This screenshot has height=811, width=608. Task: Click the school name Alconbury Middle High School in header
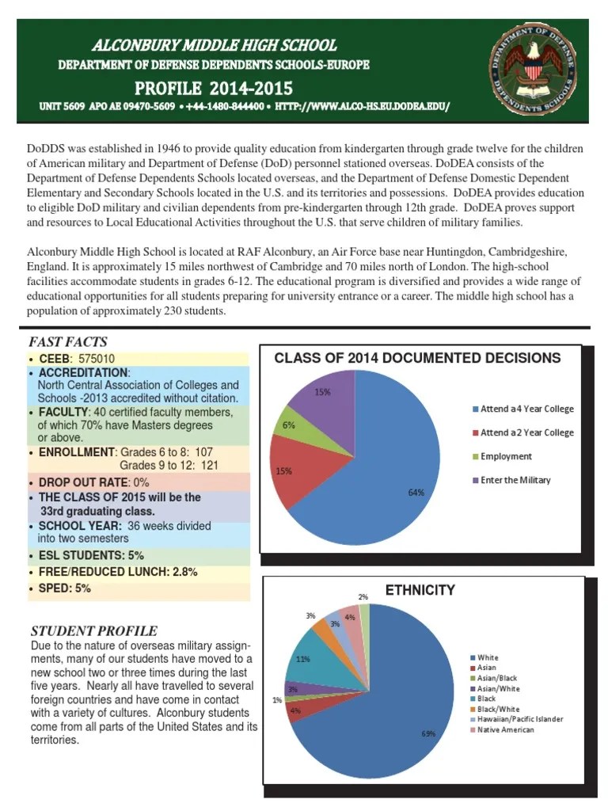point(214,45)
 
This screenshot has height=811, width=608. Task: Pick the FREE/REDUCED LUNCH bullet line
point(118,572)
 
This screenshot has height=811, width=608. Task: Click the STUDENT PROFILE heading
point(93,630)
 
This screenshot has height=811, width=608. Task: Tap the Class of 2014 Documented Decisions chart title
point(417,358)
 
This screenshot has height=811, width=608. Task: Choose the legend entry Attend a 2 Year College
point(526,432)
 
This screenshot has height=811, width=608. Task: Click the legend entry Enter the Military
point(515,480)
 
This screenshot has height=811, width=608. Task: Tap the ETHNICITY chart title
point(420,590)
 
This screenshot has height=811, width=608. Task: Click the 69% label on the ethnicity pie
point(428,733)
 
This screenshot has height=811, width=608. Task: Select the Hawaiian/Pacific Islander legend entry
point(519,719)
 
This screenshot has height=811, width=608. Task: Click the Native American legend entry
point(506,729)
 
